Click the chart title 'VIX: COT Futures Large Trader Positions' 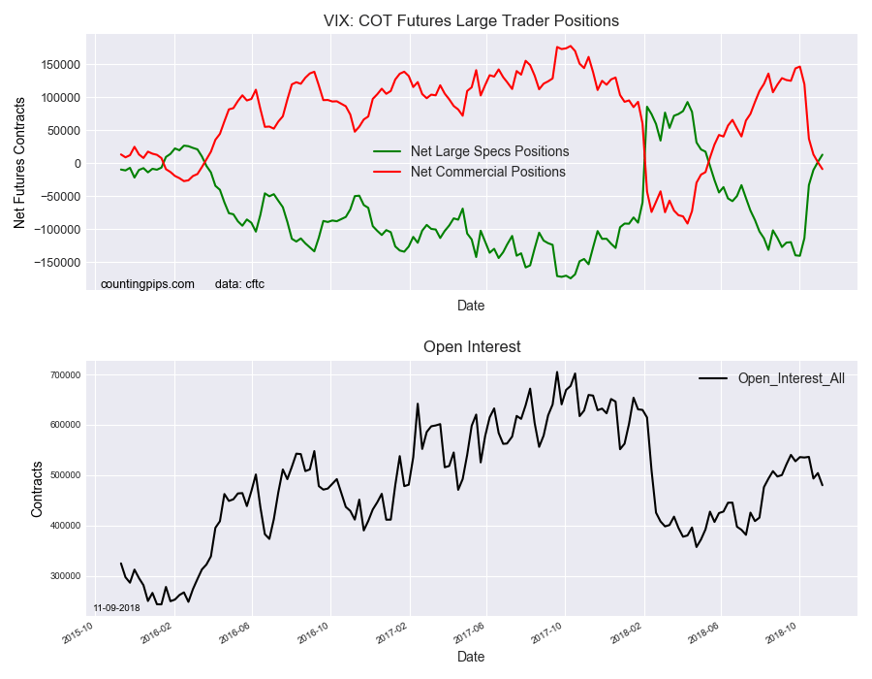tap(471, 20)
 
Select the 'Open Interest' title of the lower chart tap(472, 346)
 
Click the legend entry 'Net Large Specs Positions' tap(489, 151)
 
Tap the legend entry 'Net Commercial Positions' tap(487, 172)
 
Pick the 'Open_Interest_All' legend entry tap(791, 378)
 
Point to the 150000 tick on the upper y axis tap(59, 64)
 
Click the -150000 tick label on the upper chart tap(57, 262)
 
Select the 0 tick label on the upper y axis tap(76, 163)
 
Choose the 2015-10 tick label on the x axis tap(78, 632)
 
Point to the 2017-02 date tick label tap(394, 632)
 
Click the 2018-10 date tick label tap(784, 632)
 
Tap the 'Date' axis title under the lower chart tap(471, 657)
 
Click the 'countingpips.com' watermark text tap(147, 284)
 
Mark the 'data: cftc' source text tap(239, 284)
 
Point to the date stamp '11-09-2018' tap(116, 608)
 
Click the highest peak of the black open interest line tap(557, 372)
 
